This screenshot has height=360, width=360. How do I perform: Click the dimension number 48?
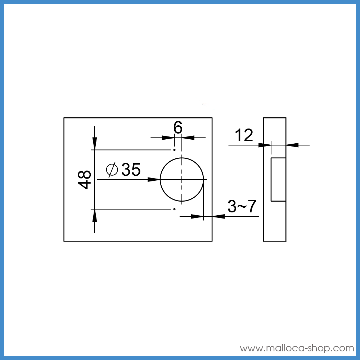[85, 180]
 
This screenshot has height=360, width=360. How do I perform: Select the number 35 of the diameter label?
[131, 170]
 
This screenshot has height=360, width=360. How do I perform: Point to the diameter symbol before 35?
[112, 170]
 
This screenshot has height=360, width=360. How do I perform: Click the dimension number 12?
[244, 135]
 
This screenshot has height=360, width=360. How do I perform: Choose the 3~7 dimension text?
[242, 206]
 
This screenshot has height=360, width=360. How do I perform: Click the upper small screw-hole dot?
[175, 150]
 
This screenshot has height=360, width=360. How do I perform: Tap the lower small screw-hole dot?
[175, 209]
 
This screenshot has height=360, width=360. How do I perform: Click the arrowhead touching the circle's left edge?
[154, 179]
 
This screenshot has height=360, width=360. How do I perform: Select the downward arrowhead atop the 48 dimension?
[95, 143]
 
